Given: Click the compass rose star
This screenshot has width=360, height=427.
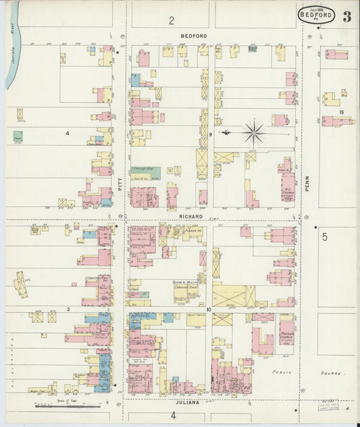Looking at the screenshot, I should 254,132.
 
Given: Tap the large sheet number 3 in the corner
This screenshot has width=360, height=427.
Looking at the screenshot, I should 346,17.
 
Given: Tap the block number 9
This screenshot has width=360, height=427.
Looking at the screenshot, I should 211,135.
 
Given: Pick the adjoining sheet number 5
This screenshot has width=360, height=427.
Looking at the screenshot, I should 324,236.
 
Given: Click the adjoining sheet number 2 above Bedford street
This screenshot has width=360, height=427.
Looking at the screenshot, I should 172,20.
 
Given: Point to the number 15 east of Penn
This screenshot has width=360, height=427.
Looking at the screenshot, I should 342,111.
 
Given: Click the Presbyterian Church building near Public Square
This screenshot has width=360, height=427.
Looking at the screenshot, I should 286,332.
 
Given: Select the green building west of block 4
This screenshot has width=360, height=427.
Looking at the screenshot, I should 18,135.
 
